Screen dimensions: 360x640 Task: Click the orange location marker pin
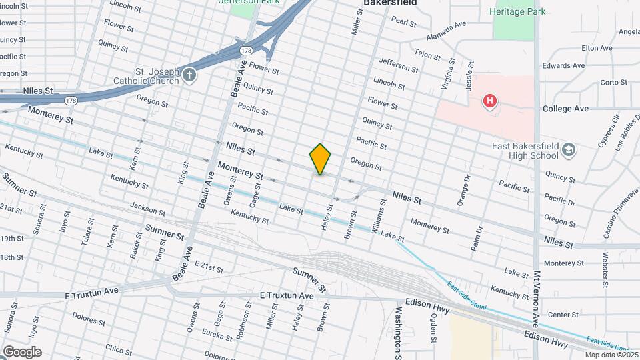pyautogui.click(x=320, y=159)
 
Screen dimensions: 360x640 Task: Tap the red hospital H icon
pyautogui.click(x=490, y=101)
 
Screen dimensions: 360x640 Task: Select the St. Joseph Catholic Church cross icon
pyautogui.click(x=189, y=74)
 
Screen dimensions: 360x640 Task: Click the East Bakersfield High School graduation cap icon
pyautogui.click(x=568, y=149)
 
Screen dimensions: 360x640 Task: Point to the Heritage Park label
pyautogui.click(x=517, y=11)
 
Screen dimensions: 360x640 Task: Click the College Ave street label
pyautogui.click(x=565, y=108)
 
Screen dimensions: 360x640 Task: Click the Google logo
pyautogui.click(x=21, y=351)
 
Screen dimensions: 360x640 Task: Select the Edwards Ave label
pyautogui.click(x=564, y=66)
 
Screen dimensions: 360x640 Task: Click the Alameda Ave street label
pyautogui.click(x=446, y=29)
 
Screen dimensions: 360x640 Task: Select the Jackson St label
pyautogui.click(x=147, y=209)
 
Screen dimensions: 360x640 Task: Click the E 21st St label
pyautogui.click(x=209, y=266)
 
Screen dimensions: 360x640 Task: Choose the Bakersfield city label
pyautogui.click(x=390, y=3)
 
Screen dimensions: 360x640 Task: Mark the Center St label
pyautogui.click(x=563, y=314)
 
